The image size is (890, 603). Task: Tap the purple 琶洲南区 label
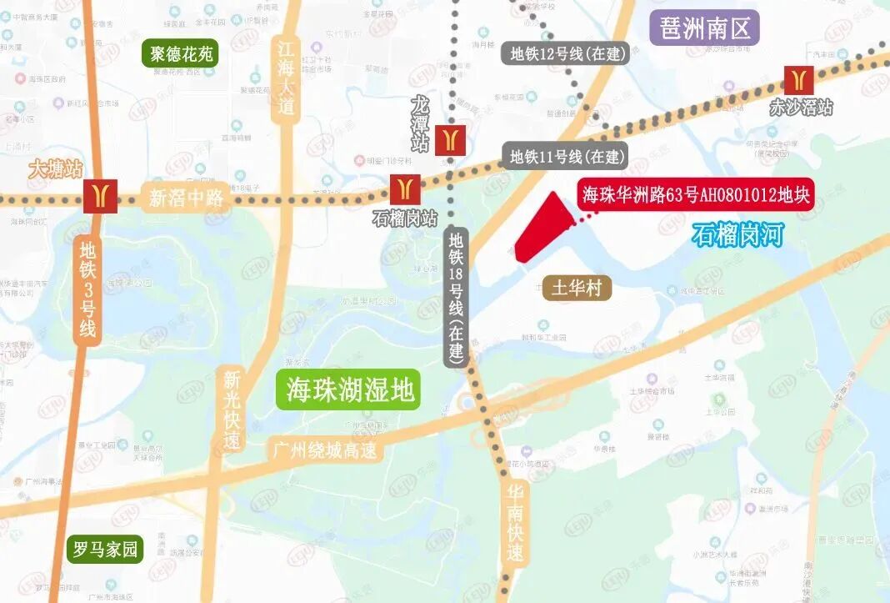(704, 28)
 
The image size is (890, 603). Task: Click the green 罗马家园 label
(107, 550)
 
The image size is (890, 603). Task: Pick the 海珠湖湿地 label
(349, 389)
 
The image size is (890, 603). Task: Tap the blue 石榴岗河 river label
(738, 235)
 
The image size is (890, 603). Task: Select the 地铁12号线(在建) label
(567, 54)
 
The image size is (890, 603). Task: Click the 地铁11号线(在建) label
(567, 156)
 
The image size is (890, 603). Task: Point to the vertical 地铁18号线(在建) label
(456, 296)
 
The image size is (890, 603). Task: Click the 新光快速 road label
(232, 409)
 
